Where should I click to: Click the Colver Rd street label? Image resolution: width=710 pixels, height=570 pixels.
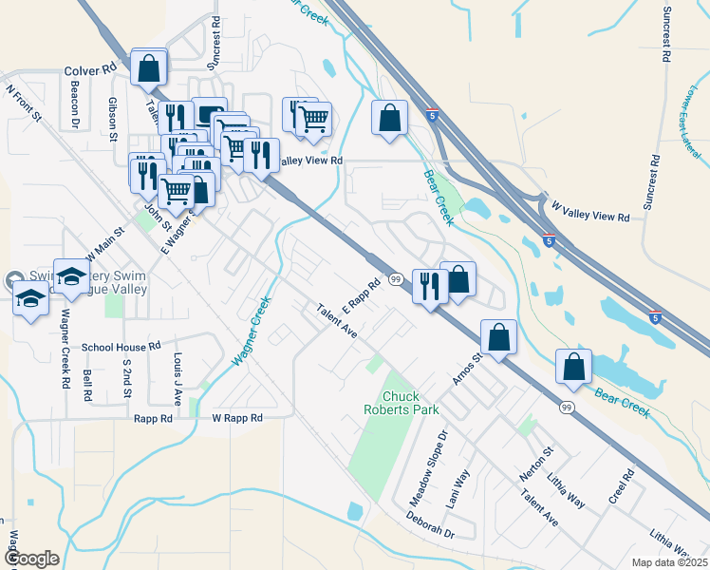pyautogui.click(x=90, y=69)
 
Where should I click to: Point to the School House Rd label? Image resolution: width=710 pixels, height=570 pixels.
pyautogui.click(x=121, y=347)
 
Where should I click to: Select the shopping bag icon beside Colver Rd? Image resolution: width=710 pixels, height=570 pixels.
pyautogui.click(x=149, y=68)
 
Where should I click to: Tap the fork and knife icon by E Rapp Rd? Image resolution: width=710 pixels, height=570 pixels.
pyautogui.click(x=430, y=285)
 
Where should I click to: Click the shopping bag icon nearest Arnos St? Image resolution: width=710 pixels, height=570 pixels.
pyautogui.click(x=498, y=337)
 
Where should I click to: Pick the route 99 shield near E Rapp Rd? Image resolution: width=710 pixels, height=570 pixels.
pyautogui.click(x=395, y=277)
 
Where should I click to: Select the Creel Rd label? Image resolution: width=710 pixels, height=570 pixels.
pyautogui.click(x=627, y=485)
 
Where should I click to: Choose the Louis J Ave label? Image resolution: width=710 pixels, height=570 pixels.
pyautogui.click(x=177, y=373)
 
